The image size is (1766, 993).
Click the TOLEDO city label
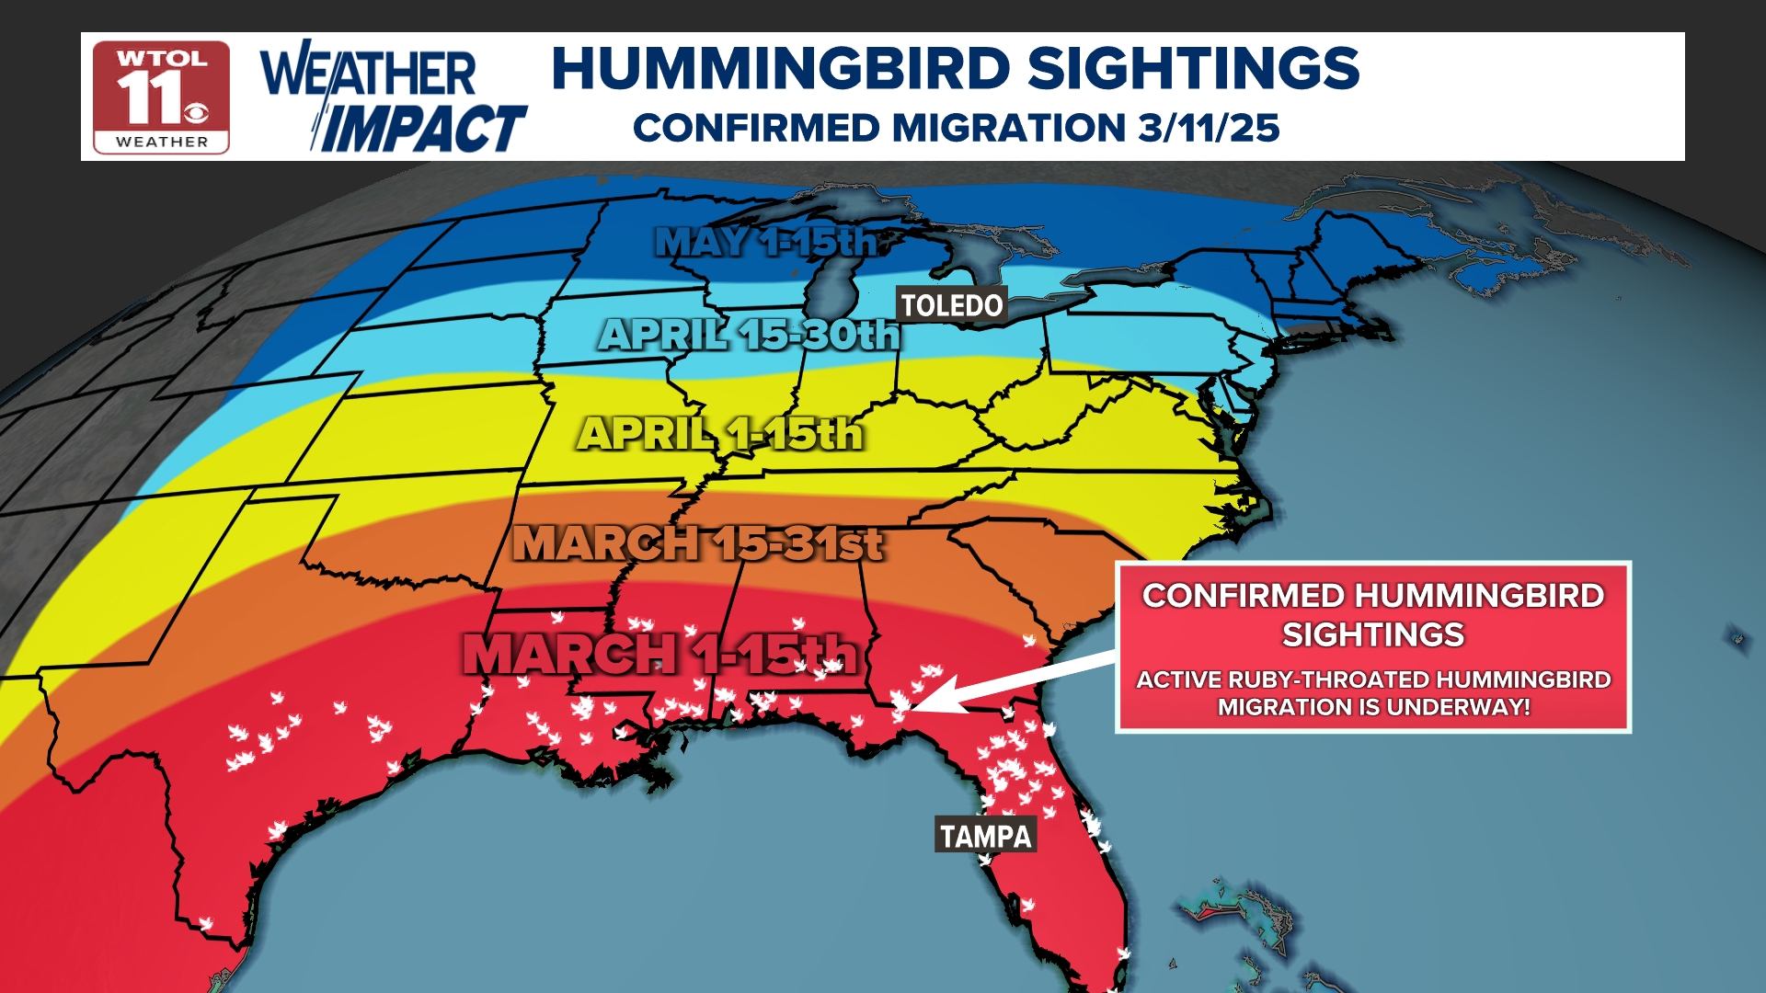click(951, 305)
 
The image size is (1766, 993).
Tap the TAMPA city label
click(985, 836)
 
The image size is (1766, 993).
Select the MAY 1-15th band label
click(766, 242)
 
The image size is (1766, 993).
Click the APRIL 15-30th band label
click(749, 335)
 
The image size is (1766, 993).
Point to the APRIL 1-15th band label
click(720, 433)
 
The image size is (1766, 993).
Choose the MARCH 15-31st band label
click(698, 542)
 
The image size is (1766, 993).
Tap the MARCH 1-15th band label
click(659, 654)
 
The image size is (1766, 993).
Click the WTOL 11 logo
click(161, 97)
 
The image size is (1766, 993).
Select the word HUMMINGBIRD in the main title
click(781, 69)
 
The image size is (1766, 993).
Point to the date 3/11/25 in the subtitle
click(1208, 128)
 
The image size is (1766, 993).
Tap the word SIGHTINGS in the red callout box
click(1372, 634)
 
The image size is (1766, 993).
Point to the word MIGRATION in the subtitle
click(1009, 128)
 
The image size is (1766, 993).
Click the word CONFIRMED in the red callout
click(1243, 596)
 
